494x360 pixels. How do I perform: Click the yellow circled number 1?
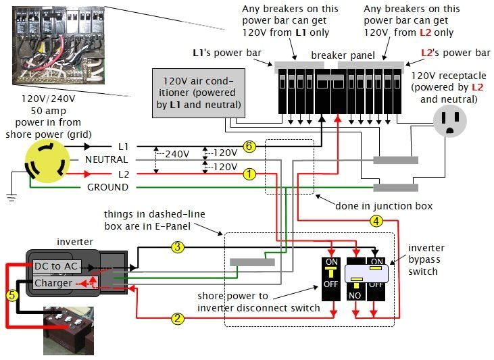point(249,174)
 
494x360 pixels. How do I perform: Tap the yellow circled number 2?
point(178,318)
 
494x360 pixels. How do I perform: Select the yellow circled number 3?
point(178,247)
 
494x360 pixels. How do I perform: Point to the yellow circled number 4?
point(376,220)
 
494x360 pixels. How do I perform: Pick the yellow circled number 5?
point(11,294)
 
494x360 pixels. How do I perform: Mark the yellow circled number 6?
point(249,147)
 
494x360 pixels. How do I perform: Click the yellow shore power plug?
point(47,162)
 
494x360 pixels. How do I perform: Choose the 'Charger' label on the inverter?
point(53,283)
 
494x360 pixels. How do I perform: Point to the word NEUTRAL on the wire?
point(106,160)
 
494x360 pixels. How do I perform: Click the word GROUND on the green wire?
point(107,187)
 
